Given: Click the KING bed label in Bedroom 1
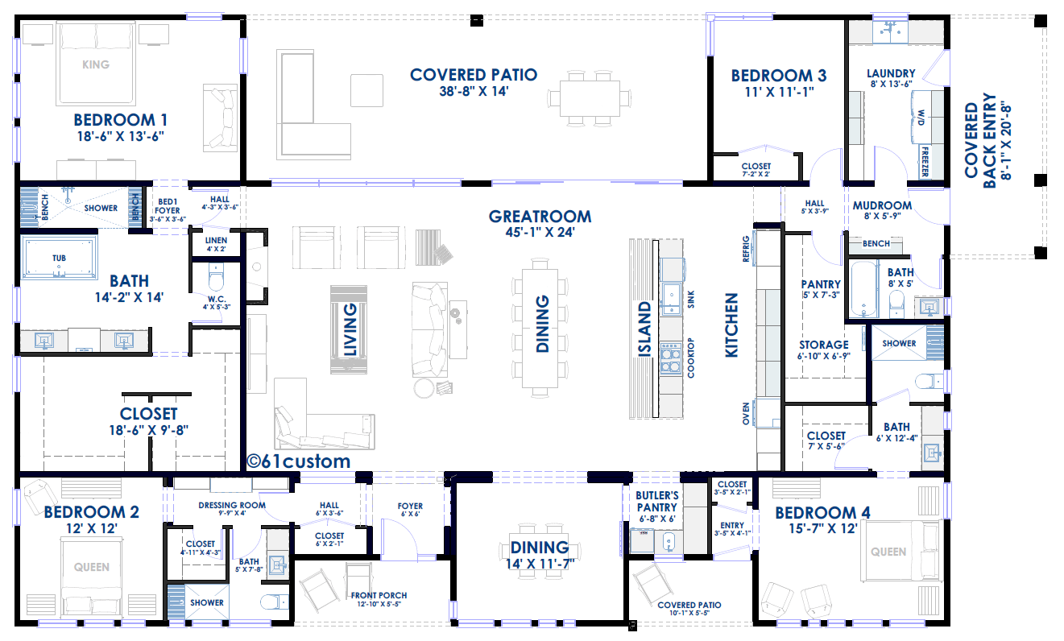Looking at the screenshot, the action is (96, 64).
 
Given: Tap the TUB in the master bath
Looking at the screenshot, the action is (59, 258).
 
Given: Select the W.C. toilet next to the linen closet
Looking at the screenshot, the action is (216, 278).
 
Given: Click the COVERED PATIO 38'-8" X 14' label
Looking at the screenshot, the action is (474, 82).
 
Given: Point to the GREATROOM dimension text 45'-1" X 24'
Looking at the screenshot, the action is (540, 232).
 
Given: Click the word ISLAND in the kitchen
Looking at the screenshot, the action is (644, 329).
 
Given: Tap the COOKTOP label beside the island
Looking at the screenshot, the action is (690, 358).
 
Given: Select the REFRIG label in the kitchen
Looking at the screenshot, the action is (746, 249).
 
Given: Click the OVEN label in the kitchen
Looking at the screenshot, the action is (746, 414).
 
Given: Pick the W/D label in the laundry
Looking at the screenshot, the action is (921, 118).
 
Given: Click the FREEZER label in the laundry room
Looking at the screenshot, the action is (925, 161).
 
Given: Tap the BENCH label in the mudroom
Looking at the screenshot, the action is (876, 243).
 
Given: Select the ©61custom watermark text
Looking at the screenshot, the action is (299, 461).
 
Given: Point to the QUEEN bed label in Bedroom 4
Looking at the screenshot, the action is (888, 552).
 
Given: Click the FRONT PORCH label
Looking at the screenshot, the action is (379, 595).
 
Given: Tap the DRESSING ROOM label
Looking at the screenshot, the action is (232, 505).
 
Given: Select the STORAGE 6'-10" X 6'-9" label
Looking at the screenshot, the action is (824, 350).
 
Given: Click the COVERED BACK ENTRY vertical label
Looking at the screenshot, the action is (988, 140).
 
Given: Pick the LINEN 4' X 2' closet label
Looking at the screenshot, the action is (216, 244).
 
